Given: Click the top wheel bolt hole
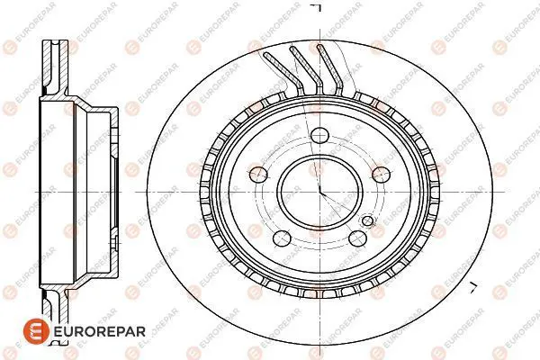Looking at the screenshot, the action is pos(319,135).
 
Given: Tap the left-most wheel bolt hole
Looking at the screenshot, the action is pos(257,174).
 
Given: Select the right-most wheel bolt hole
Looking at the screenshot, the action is pos(381,175).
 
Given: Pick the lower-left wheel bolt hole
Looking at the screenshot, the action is pos(282,238).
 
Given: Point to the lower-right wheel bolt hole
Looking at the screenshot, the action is pos(356,238).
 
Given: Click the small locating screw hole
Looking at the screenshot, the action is pos(368,220).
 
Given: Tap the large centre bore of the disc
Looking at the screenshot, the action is pos(319,191).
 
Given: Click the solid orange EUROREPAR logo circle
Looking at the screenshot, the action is pos(36,331).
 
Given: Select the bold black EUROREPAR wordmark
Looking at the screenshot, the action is pos(100,332).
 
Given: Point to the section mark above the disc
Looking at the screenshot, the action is pos(316,7).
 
